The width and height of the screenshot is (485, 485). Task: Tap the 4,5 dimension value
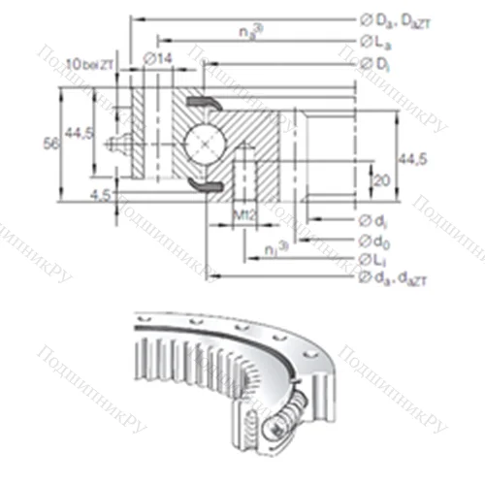click(x=99, y=196)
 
